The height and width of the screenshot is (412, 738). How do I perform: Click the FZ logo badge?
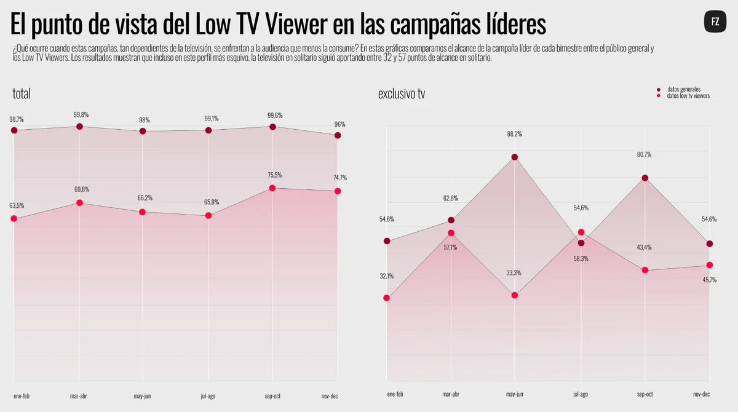[x=715, y=22]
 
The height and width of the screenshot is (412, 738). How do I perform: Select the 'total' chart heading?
[x=22, y=93]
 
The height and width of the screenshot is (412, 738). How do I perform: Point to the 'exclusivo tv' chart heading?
[x=401, y=94]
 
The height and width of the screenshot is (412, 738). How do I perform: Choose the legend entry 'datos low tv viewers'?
[x=684, y=96]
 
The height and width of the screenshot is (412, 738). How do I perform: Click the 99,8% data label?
[x=81, y=114]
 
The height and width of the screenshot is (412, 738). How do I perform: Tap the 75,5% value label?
[x=275, y=175]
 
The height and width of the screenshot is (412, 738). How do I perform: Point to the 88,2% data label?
[x=514, y=134]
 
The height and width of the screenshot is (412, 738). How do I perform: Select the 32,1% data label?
[x=386, y=276]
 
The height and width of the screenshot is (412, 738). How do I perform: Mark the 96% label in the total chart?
[x=339, y=124]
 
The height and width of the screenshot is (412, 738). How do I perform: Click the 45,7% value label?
[x=709, y=280]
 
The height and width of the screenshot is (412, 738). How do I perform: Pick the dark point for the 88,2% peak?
[x=515, y=157]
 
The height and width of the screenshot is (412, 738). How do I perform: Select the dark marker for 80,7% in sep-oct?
[x=645, y=178]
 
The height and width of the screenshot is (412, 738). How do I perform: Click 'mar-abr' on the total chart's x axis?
[x=79, y=396]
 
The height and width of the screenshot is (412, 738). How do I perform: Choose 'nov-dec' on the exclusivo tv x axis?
[x=702, y=394]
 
